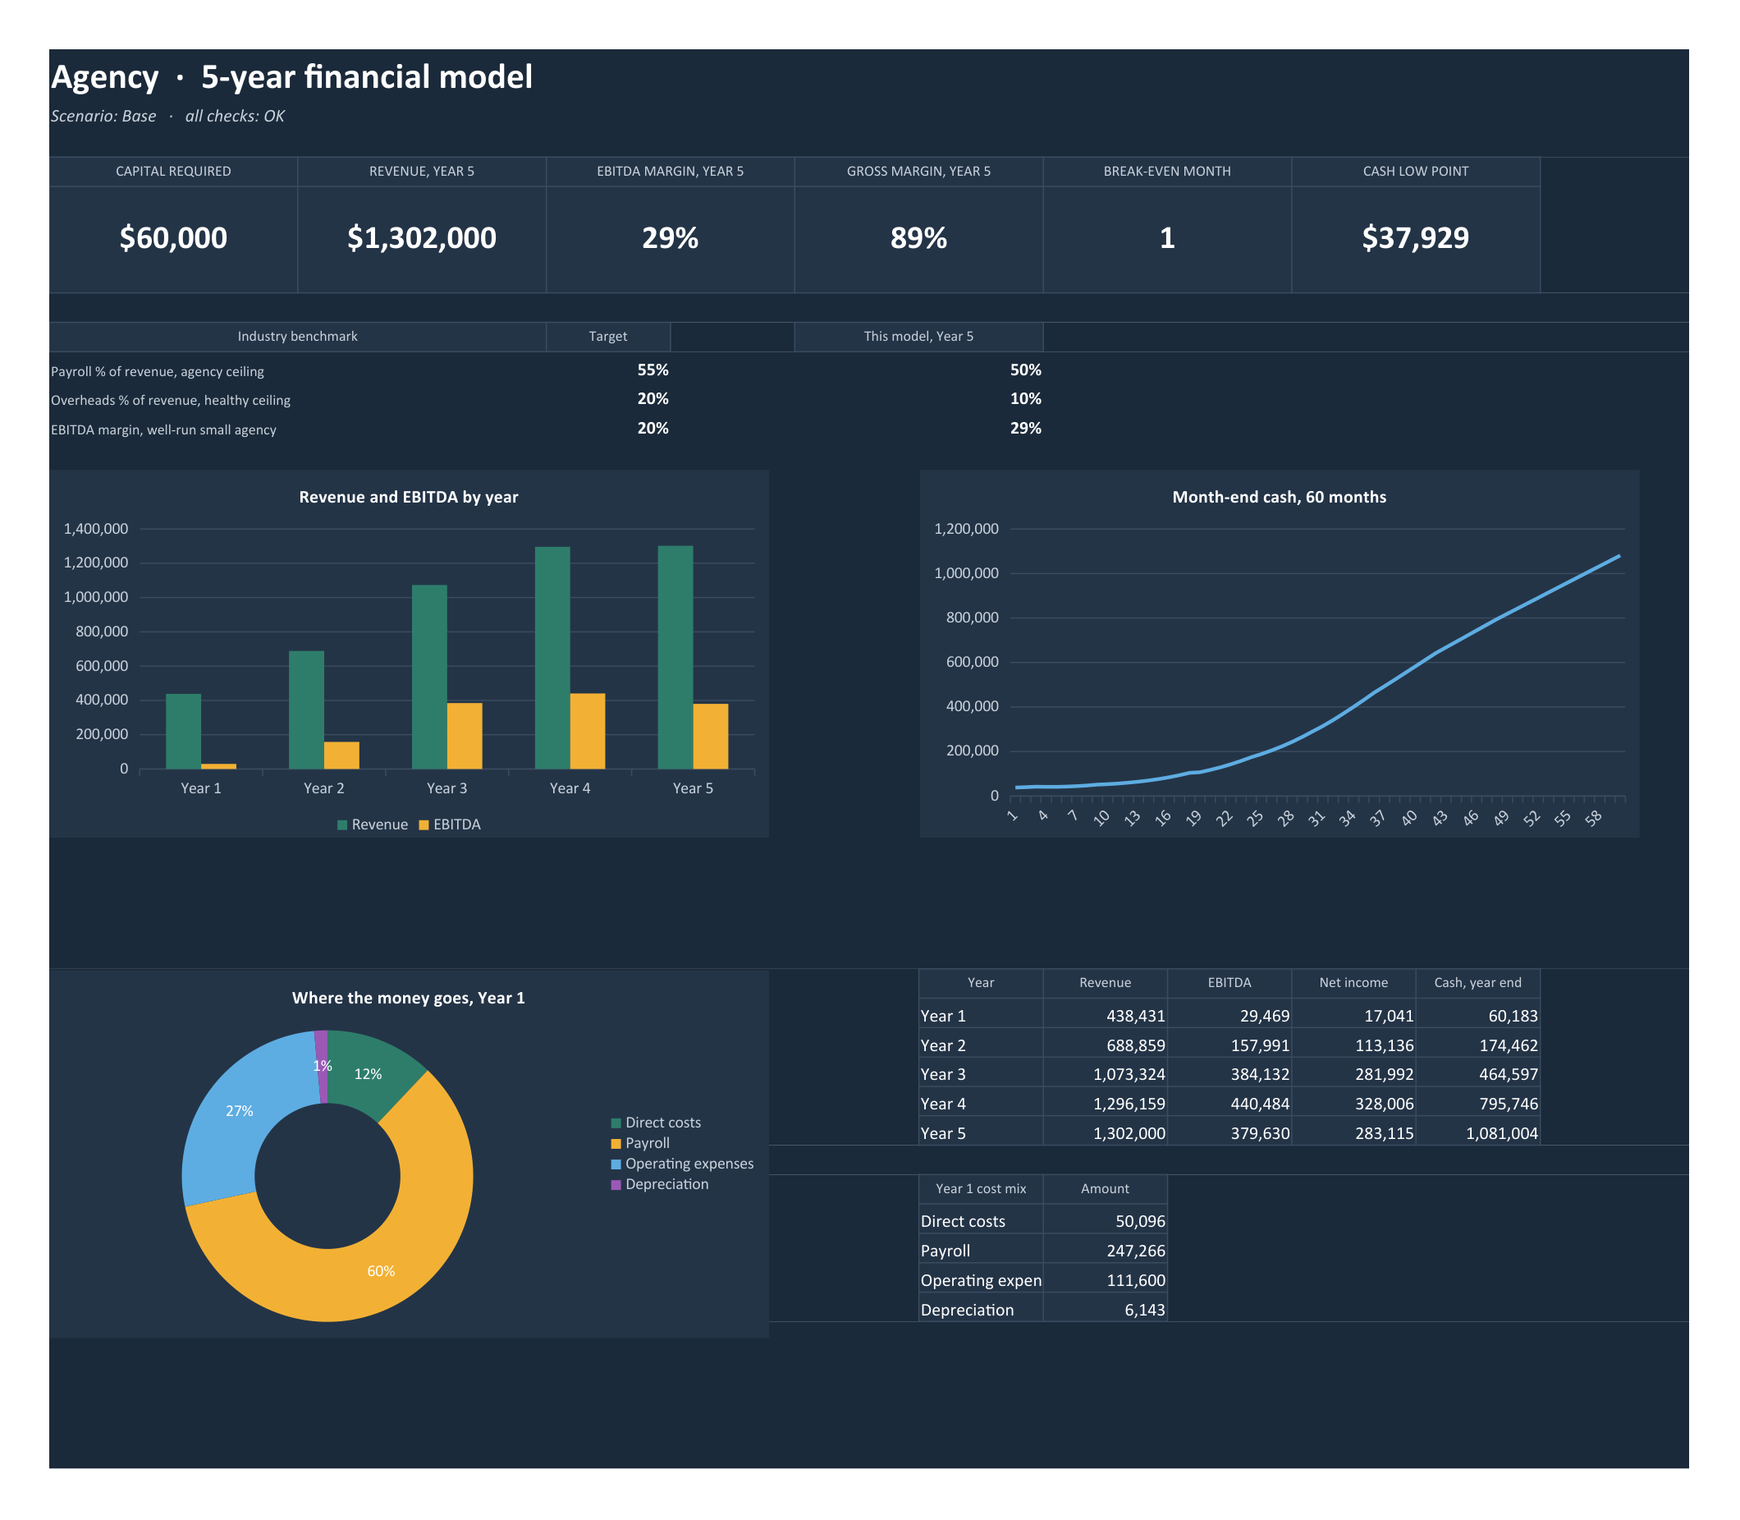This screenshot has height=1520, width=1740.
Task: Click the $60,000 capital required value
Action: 173,238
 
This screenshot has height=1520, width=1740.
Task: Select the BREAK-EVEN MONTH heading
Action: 1167,172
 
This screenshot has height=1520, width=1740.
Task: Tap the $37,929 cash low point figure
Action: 1415,238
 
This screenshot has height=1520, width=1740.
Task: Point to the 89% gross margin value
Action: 918,238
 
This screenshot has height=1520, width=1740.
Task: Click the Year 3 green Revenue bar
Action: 429,677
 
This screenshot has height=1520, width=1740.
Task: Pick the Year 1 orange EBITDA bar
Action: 219,766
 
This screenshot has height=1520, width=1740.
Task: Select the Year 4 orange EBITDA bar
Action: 588,731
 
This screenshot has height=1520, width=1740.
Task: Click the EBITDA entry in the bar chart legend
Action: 450,824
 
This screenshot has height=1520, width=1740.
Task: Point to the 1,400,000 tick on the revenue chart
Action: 96,529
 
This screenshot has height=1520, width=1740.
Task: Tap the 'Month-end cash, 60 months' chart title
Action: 1279,497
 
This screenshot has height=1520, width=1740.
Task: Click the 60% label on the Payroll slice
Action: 381,1270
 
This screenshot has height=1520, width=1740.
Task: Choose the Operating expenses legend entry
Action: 682,1164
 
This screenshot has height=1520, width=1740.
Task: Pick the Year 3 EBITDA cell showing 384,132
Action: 1260,1075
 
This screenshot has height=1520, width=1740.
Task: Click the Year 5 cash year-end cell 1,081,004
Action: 1502,1133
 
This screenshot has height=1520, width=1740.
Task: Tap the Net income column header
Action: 1353,982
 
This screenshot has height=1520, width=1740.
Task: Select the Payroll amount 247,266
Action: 1135,1251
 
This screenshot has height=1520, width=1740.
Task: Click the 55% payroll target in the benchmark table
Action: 653,370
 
